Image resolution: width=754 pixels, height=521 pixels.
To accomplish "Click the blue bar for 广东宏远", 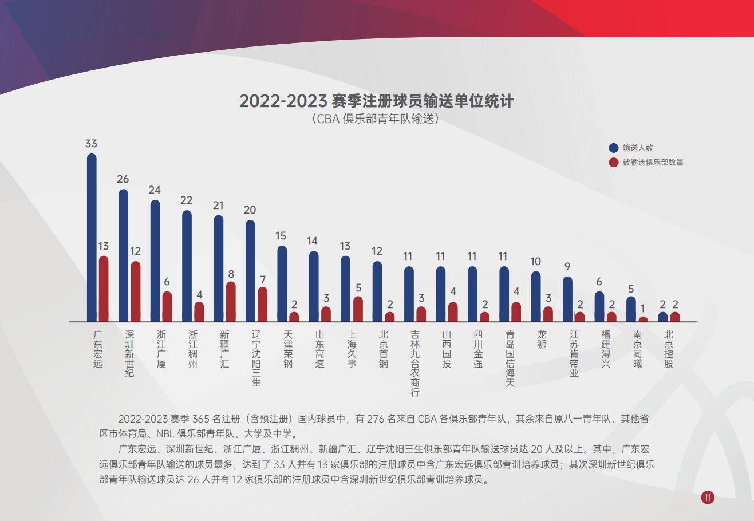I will click(92, 238).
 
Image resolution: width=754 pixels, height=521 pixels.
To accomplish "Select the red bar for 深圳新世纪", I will click(136, 292).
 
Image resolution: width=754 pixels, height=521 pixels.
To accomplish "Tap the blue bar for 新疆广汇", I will click(219, 269).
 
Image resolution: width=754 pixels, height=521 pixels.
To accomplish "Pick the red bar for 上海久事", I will click(358, 309).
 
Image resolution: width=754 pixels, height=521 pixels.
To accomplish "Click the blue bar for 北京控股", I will click(662, 317).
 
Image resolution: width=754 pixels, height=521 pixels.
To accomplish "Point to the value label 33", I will click(91, 144).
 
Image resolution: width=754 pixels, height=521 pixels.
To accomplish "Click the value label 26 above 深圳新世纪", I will click(123, 179).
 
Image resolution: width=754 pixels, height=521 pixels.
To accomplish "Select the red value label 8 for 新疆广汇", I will click(231, 274).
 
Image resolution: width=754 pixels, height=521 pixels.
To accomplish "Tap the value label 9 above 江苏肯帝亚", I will click(567, 267).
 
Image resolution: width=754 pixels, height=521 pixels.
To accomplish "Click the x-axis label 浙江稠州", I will click(193, 349).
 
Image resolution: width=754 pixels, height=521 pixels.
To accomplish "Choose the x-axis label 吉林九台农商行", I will click(416, 363).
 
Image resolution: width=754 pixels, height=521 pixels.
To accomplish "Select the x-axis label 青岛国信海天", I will click(510, 358).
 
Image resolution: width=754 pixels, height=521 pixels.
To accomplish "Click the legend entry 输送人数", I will click(638, 148).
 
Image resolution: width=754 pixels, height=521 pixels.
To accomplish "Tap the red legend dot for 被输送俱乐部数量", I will click(614, 162).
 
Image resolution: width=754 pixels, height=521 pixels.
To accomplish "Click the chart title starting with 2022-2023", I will click(377, 101).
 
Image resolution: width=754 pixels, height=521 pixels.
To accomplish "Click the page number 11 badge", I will click(708, 498).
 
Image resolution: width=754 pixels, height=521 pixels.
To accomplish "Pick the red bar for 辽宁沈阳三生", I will click(263, 305).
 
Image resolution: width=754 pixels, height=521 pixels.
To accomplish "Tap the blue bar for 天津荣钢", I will click(282, 284).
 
